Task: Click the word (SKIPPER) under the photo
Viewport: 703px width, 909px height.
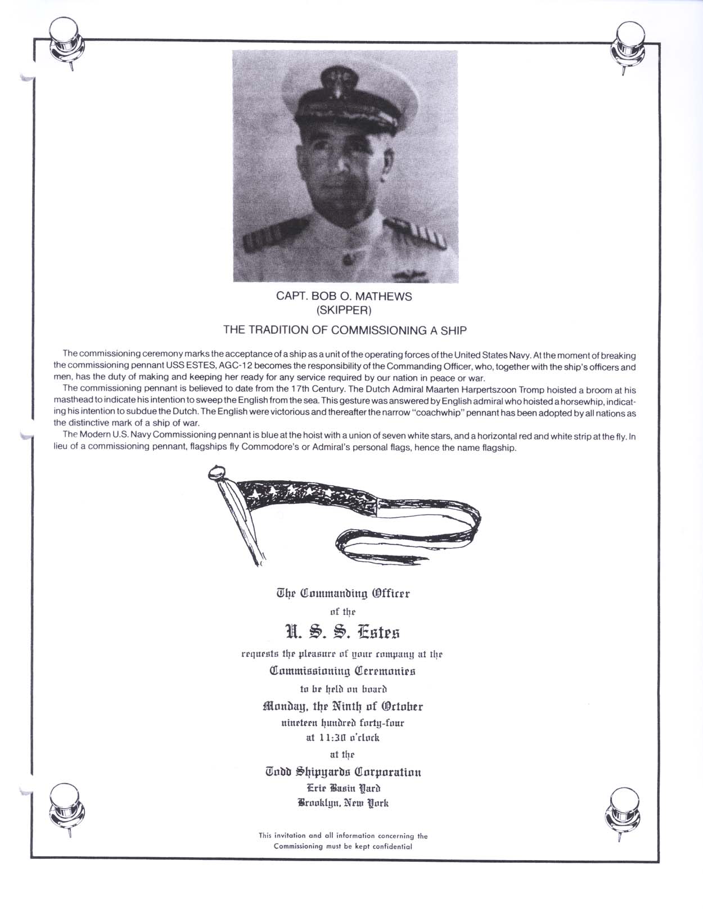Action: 344,310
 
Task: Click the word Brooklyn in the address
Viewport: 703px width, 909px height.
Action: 319,803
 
